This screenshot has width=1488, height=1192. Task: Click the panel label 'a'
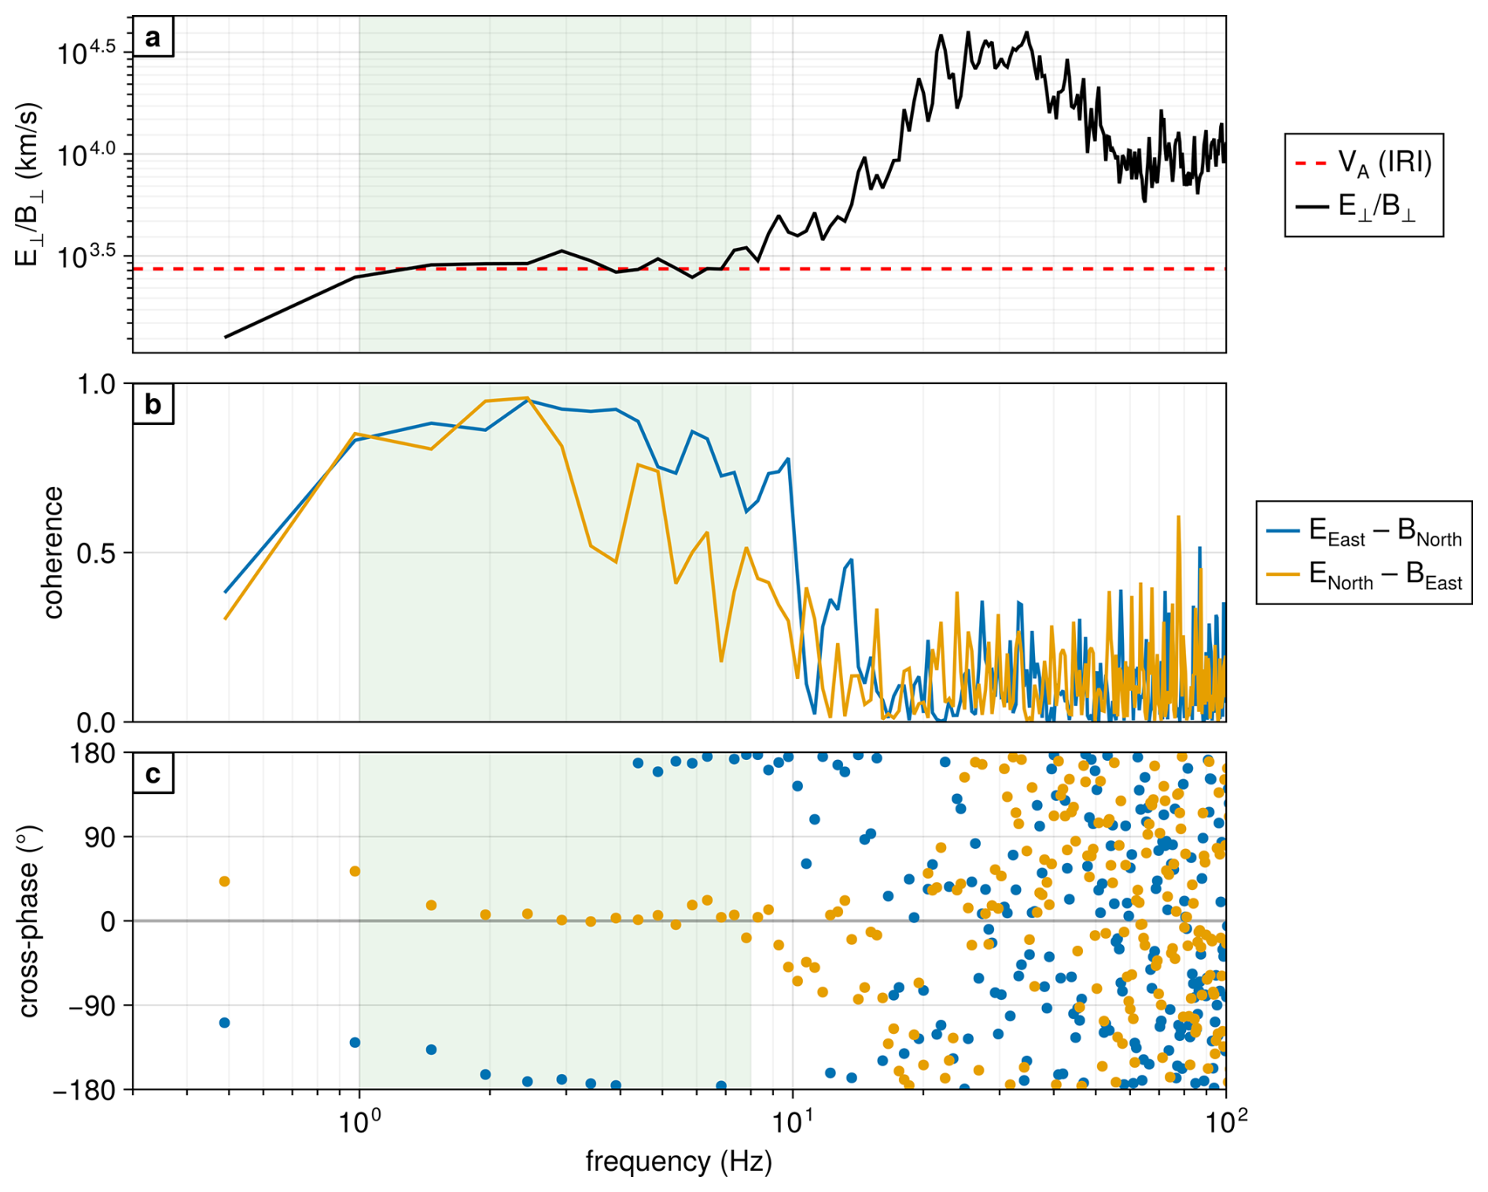(x=153, y=37)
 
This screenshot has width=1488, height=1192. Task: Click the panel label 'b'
(x=153, y=404)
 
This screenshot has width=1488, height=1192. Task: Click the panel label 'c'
(x=153, y=773)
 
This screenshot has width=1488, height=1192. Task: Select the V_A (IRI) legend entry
(x=1364, y=162)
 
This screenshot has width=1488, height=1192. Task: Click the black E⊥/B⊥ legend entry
(x=1356, y=206)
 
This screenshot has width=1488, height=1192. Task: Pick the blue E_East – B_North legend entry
(x=1364, y=531)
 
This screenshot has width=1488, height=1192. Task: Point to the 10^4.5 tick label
(x=87, y=52)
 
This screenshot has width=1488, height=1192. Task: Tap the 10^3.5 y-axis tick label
(x=87, y=255)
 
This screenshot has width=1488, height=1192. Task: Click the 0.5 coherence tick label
(x=95, y=552)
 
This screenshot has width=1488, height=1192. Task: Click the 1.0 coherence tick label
(x=95, y=384)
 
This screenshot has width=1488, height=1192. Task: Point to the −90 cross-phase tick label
(x=90, y=1006)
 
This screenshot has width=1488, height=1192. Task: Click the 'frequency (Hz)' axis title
(x=679, y=1161)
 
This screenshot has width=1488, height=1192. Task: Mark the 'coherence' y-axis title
(x=52, y=552)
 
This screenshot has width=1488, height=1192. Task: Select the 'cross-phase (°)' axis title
(x=28, y=921)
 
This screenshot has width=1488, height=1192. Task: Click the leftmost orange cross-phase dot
(x=224, y=881)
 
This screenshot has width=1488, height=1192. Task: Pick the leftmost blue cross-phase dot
(x=224, y=1023)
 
